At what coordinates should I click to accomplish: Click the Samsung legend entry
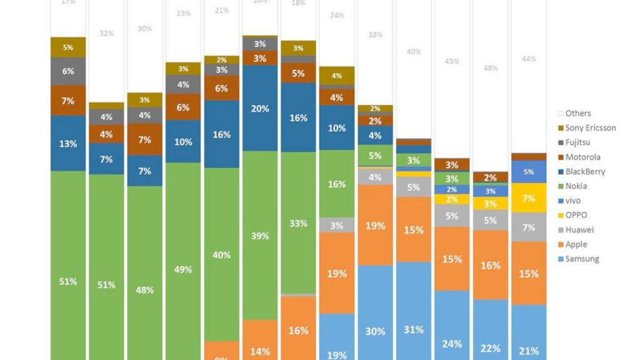point(581,259)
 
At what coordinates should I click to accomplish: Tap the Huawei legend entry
point(577,230)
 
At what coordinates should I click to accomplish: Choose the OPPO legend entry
point(576,215)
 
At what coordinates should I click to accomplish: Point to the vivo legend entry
point(573,201)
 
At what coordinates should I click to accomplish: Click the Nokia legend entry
point(576,186)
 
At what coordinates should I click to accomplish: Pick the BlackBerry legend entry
point(585,171)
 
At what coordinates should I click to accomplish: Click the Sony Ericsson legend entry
point(590,128)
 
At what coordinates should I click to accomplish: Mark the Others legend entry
point(577,113)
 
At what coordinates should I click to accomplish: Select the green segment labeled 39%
point(260,236)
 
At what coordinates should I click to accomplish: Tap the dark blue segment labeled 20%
point(260,108)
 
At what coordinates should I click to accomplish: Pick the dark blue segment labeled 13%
point(68,144)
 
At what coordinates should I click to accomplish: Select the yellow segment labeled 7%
point(528,198)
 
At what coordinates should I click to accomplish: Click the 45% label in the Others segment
point(452,61)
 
